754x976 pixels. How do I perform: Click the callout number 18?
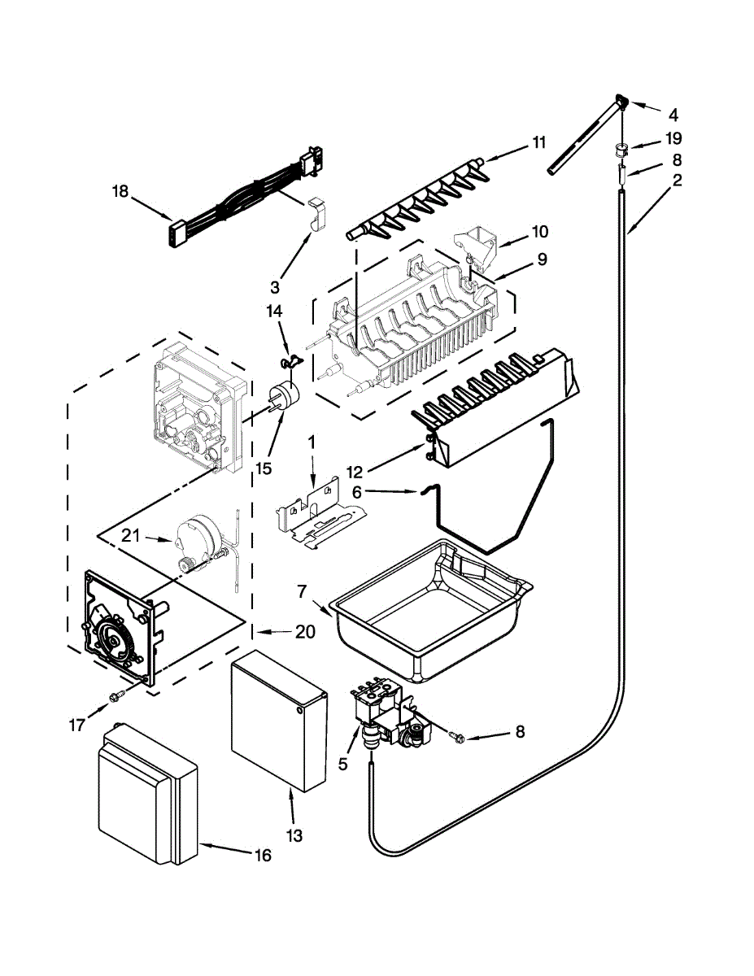[120, 192]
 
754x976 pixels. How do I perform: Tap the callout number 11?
[538, 142]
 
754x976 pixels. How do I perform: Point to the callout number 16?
[262, 855]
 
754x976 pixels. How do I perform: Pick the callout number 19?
[673, 138]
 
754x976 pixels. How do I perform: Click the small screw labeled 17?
[117, 696]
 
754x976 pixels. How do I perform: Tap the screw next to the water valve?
[456, 737]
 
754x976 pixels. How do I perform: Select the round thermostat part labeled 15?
[285, 394]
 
